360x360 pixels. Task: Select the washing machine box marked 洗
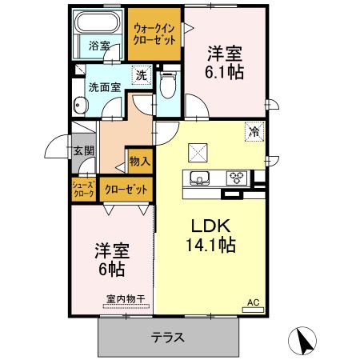[x=142, y=75]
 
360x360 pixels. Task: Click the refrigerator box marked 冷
[x=254, y=131]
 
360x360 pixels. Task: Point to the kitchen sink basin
[x=199, y=178]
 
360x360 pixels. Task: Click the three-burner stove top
[x=237, y=178]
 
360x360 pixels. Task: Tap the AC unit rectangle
[x=253, y=310]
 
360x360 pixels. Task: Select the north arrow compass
[x=302, y=341]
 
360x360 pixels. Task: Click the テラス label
[x=168, y=338]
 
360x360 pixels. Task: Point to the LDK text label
[x=210, y=226]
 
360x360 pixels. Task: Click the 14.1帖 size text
[x=210, y=245]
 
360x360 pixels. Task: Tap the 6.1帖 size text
[x=224, y=72]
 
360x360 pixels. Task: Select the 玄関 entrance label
[x=84, y=151]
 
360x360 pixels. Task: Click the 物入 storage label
[x=139, y=162]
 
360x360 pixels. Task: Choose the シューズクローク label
[x=84, y=189]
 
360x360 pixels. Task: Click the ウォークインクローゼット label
[x=154, y=34]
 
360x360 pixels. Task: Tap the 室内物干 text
[x=126, y=299]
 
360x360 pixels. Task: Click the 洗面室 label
[x=105, y=87]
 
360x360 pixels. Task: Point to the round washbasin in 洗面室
[x=80, y=105]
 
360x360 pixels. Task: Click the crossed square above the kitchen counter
[x=198, y=153]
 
